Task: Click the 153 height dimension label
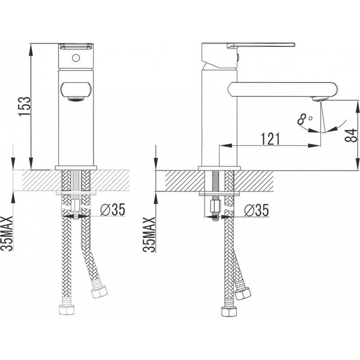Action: tap(25, 106)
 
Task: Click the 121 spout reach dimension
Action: tap(270, 139)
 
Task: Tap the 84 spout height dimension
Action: tap(351, 135)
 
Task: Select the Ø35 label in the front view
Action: tap(112, 210)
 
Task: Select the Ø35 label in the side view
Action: tap(256, 210)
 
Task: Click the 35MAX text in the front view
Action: tap(7, 234)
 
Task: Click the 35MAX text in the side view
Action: tap(149, 234)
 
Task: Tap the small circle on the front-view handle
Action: tap(76, 58)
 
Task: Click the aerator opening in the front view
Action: tap(76, 99)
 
